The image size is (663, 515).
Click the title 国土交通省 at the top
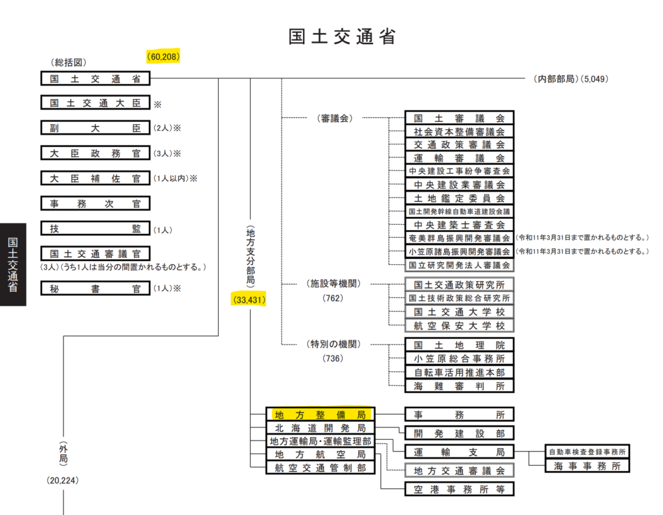pos(342,36)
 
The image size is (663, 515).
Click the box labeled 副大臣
pos(96,128)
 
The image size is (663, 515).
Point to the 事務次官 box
pos(96,203)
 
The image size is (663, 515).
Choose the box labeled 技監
pos(96,229)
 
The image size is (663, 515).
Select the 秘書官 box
pos(96,289)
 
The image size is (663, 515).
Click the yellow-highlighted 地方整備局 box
pos(320,415)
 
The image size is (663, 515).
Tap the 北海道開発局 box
pos(320,428)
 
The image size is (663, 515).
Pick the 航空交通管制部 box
pos(320,468)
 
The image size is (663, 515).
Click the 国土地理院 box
pos(459,345)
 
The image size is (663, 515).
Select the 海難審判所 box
pos(459,386)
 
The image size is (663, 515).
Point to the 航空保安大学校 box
pos(459,325)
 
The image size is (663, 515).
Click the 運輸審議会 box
pos(459,158)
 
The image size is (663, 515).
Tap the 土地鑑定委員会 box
pos(459,198)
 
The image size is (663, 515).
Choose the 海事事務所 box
pos(587,466)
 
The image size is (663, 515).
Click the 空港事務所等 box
pos(459,489)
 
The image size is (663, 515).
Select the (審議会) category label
pos(335,119)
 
